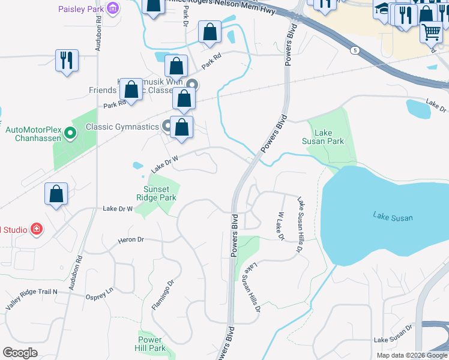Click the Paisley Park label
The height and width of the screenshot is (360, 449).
[x=81, y=8]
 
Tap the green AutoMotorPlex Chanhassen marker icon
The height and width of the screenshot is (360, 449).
[x=70, y=133]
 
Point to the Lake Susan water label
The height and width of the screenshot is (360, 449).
[x=393, y=217]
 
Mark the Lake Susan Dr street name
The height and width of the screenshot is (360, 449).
[x=393, y=340]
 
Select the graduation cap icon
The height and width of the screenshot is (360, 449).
[x=382, y=9]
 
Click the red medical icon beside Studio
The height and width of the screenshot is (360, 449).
[x=37, y=229]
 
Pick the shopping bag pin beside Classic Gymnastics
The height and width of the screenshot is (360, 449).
[x=181, y=127]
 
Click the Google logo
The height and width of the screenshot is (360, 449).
[x=20, y=353]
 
